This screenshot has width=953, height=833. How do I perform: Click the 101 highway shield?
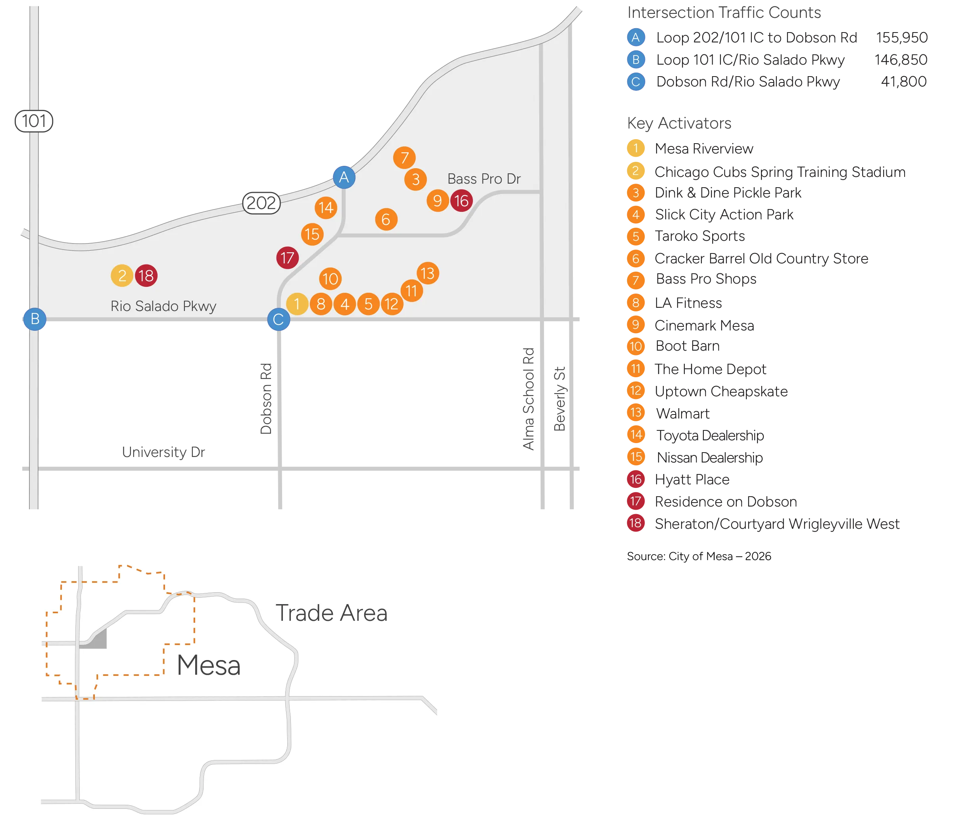34,121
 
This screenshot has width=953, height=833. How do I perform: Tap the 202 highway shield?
261,203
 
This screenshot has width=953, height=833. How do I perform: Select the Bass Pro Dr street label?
484,179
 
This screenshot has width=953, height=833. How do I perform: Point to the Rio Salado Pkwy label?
163,306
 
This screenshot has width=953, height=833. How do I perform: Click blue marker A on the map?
344,177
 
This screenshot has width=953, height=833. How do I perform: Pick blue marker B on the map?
35,319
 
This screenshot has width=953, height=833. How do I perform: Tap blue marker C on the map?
279,319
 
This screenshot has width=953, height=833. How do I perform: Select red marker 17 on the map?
287,257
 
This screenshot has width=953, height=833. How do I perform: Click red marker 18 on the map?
146,276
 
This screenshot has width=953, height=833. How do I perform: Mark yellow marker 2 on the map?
122,276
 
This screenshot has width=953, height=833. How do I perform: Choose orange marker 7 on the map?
404,158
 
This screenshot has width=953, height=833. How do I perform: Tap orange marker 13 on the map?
428,273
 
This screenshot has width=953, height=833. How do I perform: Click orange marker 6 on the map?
386,219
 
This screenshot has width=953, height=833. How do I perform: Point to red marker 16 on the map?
461,201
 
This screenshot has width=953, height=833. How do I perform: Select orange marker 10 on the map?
330,279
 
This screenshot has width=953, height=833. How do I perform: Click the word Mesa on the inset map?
209,665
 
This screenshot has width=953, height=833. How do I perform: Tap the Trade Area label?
331,613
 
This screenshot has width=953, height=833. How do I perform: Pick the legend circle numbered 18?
636,523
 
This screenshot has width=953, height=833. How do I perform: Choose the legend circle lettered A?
636,38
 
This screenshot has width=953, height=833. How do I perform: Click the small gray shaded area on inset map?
98,639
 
